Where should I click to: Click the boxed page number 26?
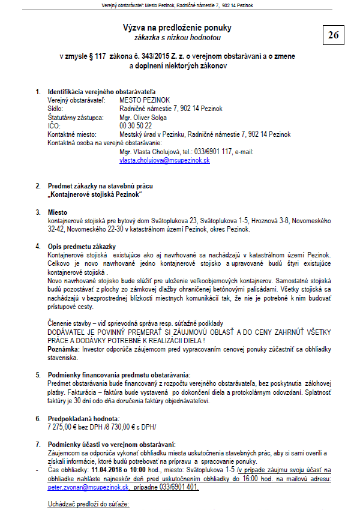click(333, 35)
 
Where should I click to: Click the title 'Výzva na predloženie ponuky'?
click(176, 28)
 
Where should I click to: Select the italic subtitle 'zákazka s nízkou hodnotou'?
click(177, 37)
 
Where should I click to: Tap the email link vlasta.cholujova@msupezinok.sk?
click(164, 160)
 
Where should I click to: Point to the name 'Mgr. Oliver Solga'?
click(143, 118)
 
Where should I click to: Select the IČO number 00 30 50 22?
click(136, 126)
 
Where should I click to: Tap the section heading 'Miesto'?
click(58, 212)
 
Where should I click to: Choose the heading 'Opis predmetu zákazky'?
click(82, 247)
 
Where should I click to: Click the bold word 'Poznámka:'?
click(64, 349)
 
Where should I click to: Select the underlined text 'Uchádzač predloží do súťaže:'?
click(88, 505)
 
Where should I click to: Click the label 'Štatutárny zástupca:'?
click(75, 118)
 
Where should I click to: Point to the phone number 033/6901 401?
click(178, 488)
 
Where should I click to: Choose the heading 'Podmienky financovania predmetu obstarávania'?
click(118, 374)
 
